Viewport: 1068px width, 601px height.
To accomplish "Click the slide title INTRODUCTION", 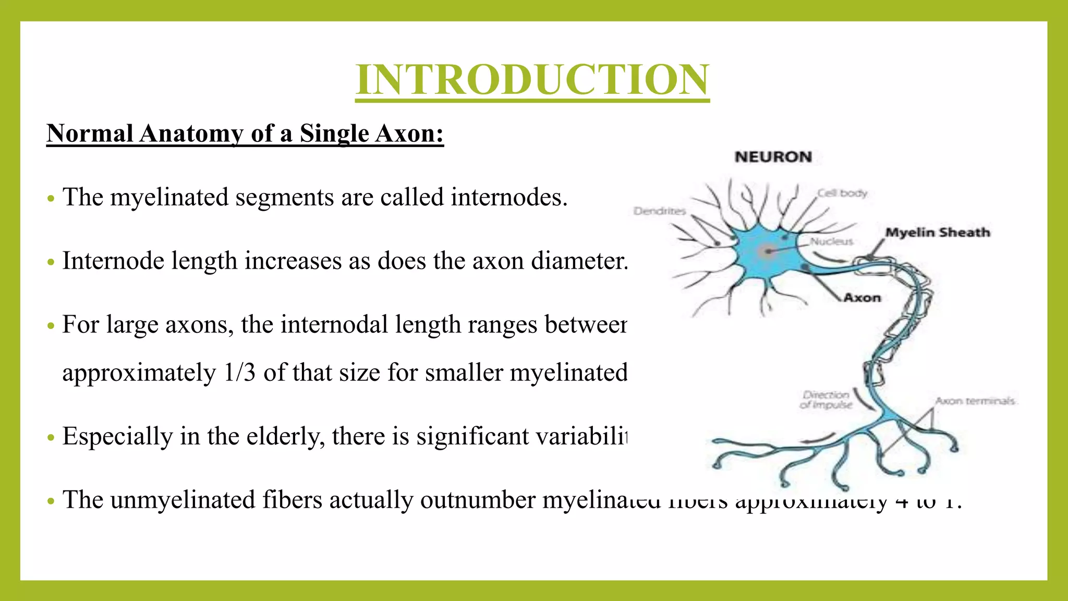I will pos(532,79).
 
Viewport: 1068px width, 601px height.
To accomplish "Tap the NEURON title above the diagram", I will pos(773,157).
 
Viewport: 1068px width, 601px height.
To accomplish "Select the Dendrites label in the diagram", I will pos(659,211).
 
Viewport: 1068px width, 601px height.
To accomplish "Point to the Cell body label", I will pos(842,193).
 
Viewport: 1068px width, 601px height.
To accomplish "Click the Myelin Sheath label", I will pos(937,232).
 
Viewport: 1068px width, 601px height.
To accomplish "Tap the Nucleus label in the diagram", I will pos(831,242).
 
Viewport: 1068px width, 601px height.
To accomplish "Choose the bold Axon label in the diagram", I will pos(862,298).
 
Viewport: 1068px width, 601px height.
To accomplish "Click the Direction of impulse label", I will pos(826,400).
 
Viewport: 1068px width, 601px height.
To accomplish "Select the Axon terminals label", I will pos(974,401).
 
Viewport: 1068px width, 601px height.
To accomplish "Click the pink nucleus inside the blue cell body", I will pos(767,252).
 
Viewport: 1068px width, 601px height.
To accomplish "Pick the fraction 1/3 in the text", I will pos(239,373).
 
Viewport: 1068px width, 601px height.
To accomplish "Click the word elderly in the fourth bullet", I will pos(285,436).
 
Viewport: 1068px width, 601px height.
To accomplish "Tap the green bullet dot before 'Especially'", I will pos(51,438).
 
